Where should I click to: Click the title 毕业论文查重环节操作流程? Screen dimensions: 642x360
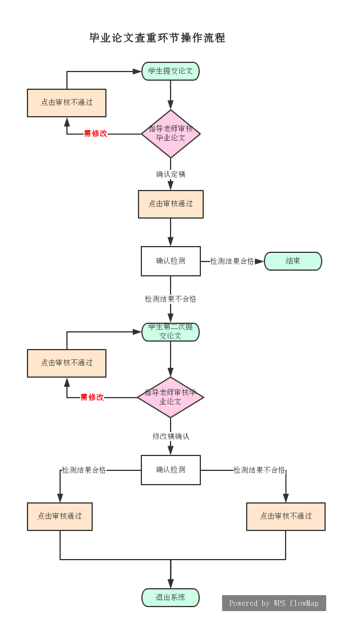tap(157, 38)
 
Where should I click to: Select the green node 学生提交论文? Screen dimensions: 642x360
tap(171, 71)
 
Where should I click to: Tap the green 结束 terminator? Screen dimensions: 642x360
tap(293, 261)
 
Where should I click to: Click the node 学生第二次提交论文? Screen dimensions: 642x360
tap(171, 332)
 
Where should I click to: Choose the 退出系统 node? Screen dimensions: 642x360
tap(171, 597)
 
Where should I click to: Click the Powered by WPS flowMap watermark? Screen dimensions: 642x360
tap(274, 603)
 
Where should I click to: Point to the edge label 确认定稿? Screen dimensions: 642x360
tap(171, 174)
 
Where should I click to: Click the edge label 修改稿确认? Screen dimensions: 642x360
tap(171, 436)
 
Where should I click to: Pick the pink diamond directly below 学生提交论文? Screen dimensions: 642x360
tap(171, 134)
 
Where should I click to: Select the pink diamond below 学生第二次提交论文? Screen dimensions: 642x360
tap(171, 397)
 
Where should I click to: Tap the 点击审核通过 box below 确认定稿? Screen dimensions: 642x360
tap(171, 204)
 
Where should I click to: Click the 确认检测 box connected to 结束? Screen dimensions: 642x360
tap(171, 261)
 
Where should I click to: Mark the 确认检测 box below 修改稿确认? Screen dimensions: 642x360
tap(171, 470)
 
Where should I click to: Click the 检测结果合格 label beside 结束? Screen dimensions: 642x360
tap(232, 261)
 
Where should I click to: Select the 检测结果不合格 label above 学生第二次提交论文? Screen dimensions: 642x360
tap(171, 299)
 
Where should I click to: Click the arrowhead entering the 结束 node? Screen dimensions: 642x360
tap(260, 261)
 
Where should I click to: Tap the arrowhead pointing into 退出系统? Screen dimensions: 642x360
tap(171, 584)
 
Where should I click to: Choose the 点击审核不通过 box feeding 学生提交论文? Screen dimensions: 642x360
tap(66, 103)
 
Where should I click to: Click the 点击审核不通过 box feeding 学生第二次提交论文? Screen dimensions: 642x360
tap(66, 363)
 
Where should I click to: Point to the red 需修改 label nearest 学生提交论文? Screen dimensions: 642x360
tap(96, 133)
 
